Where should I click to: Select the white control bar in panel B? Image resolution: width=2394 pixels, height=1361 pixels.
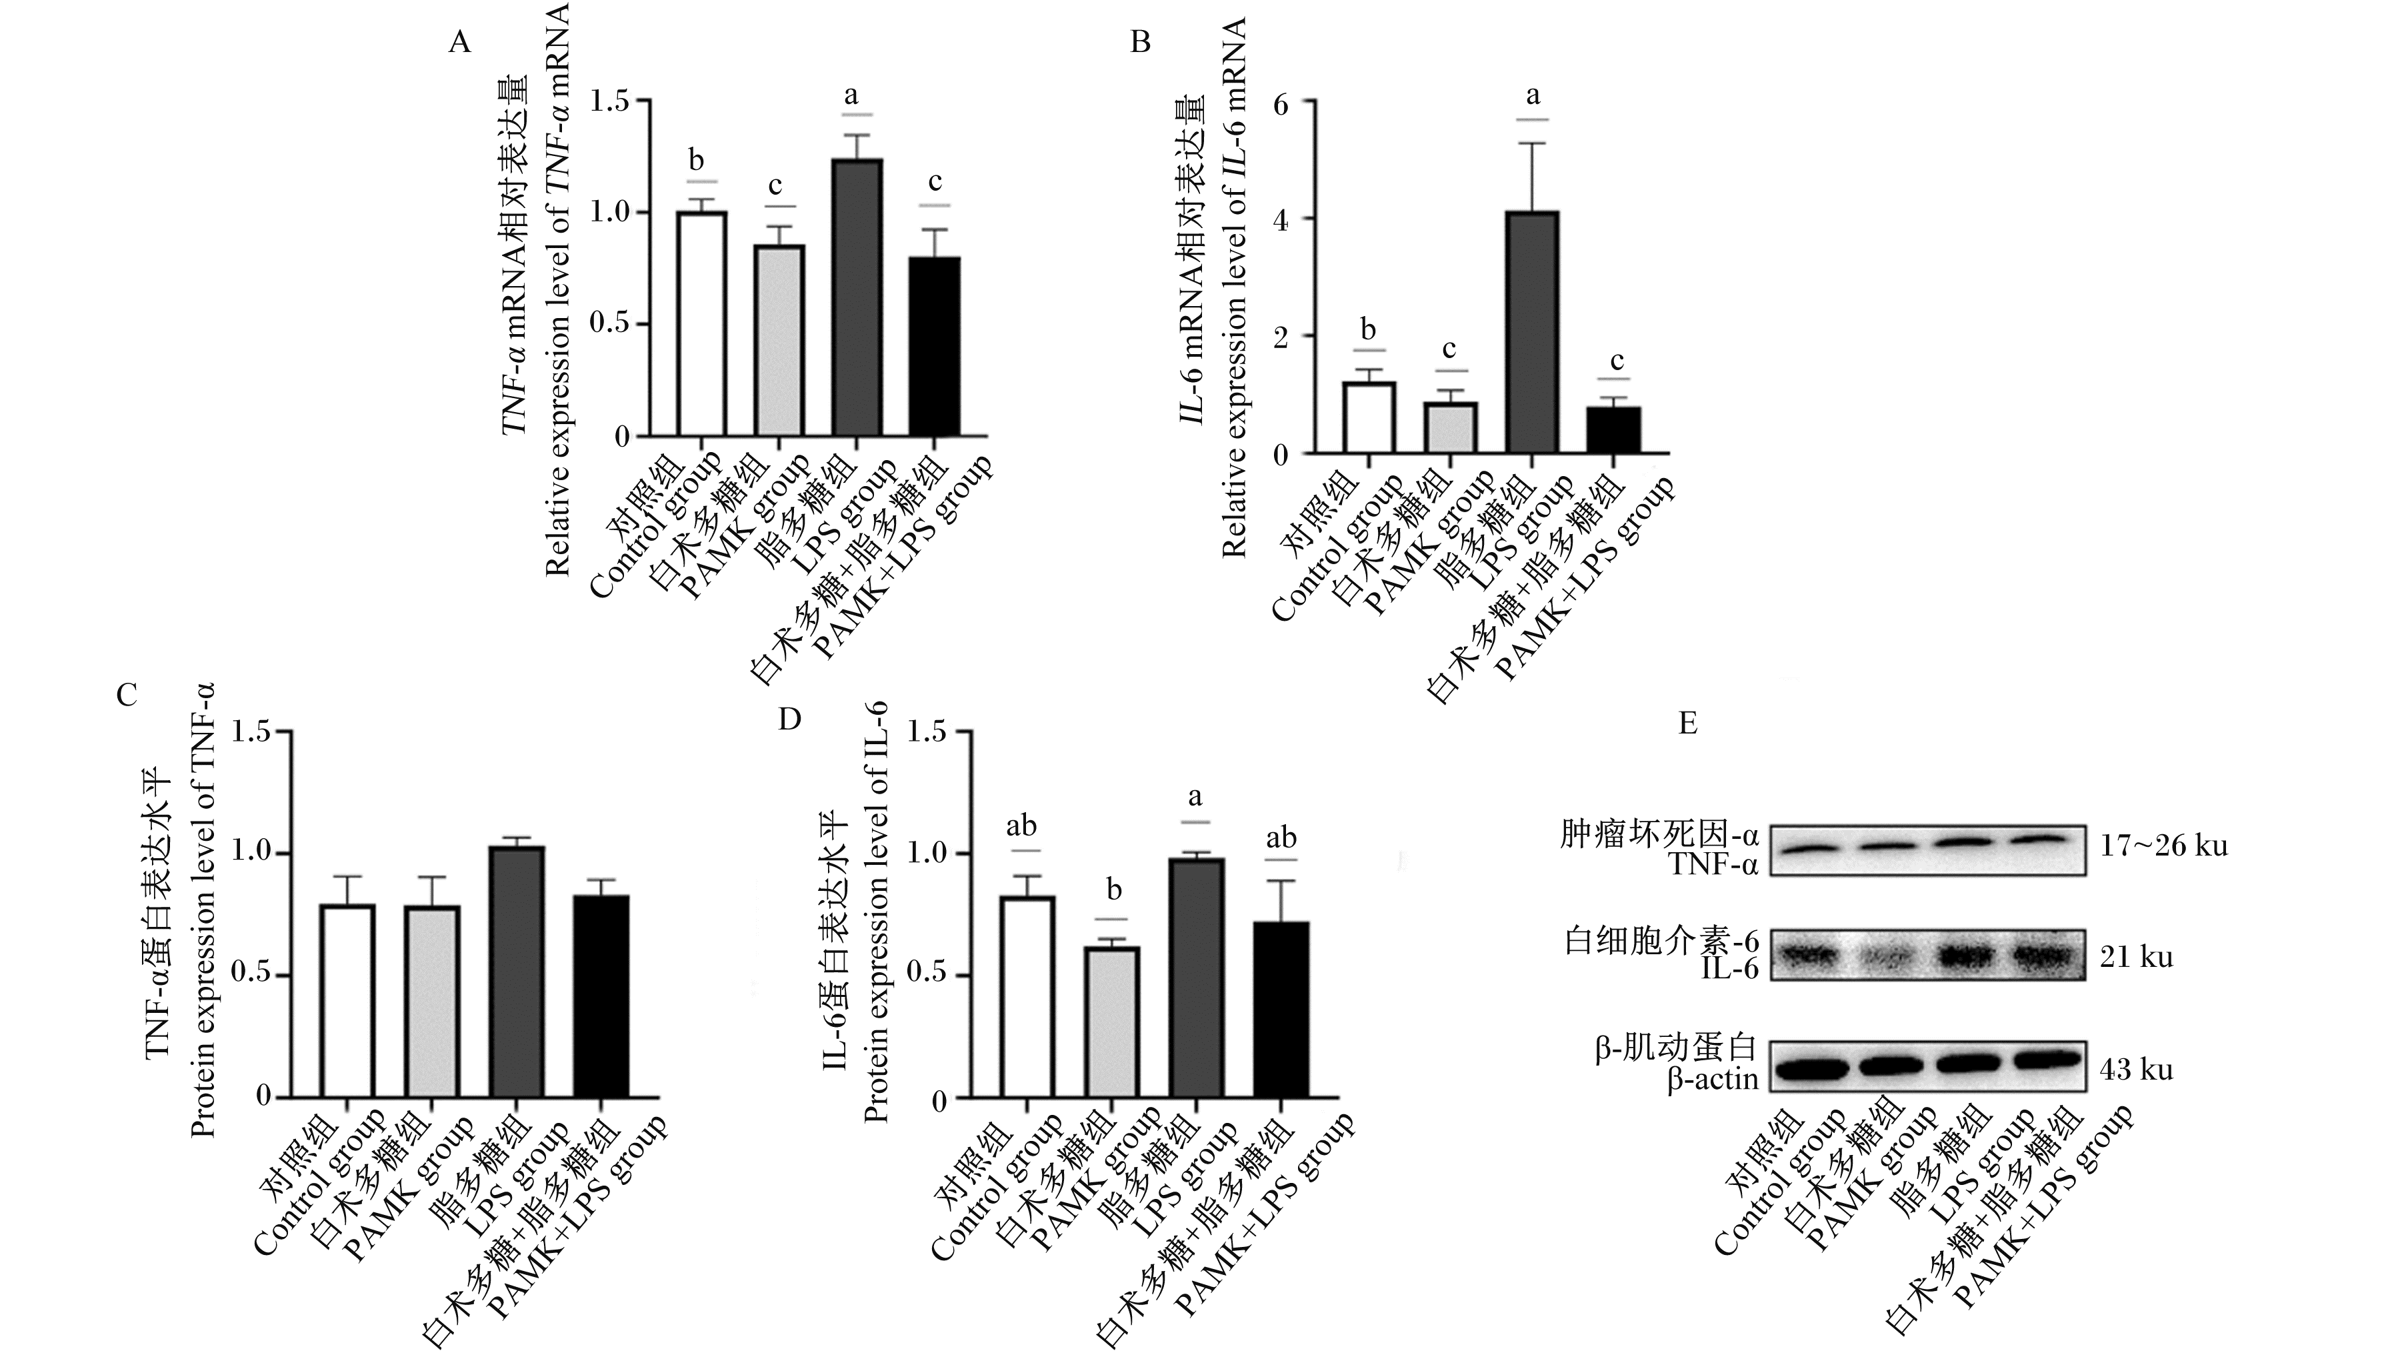1369,418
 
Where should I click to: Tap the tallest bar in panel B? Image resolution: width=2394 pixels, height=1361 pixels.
1531,333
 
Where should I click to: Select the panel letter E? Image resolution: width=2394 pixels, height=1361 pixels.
1687,724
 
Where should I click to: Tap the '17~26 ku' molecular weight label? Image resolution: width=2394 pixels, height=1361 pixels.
2163,846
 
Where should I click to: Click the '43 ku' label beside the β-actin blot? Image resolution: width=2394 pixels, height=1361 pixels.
2136,1068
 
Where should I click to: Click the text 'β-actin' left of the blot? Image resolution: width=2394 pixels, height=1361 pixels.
1713,1080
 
